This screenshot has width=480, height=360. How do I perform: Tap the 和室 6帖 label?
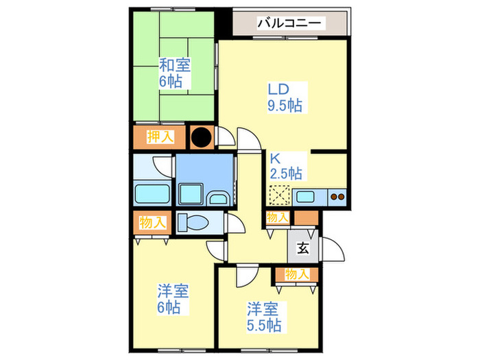[x=175, y=73]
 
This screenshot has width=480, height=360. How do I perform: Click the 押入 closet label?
[x=160, y=136]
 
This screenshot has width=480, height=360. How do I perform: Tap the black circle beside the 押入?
[x=201, y=137]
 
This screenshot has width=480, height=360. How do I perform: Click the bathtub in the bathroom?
[x=152, y=193]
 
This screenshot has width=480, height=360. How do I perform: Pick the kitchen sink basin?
[x=306, y=197]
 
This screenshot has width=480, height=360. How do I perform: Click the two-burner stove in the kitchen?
[x=337, y=197]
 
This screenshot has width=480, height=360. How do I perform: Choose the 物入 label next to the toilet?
[x=152, y=223]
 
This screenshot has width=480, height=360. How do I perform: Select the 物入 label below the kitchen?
[x=277, y=218]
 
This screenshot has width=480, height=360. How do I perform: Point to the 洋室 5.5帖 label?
[x=263, y=316]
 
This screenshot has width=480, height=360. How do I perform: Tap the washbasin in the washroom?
[x=218, y=199]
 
